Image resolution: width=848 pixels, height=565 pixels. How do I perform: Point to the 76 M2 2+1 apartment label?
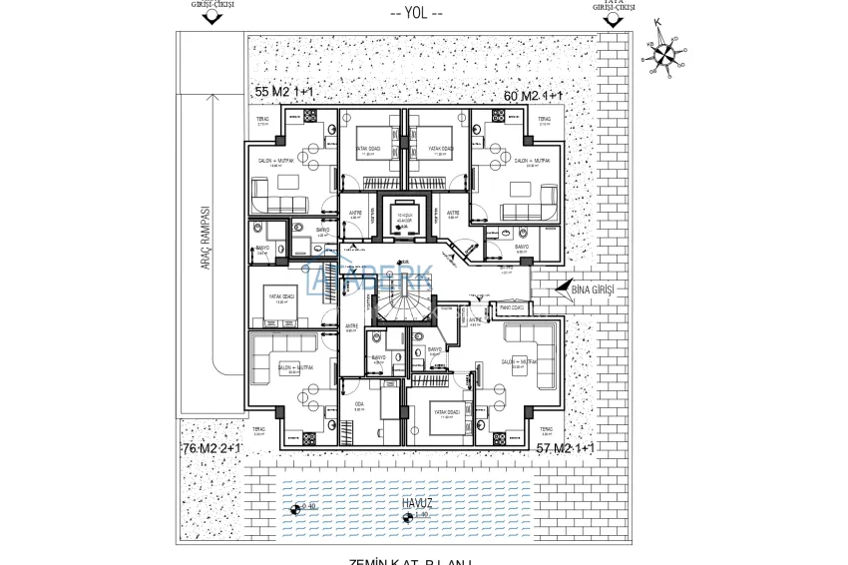pyautogui.click(x=211, y=449)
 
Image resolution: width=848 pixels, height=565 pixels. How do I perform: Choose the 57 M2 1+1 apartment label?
pyautogui.click(x=565, y=449)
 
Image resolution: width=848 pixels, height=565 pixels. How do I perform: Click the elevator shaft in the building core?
pyautogui.click(x=405, y=218)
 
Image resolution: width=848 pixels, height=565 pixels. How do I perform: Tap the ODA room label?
pyautogui.click(x=359, y=404)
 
